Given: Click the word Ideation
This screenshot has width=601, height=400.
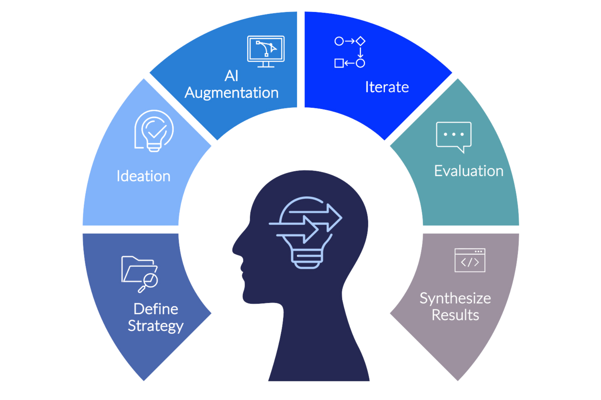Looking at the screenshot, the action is [144, 176].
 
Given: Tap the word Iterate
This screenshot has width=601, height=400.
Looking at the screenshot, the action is [387, 87].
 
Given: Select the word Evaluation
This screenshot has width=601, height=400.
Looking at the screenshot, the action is [468, 171].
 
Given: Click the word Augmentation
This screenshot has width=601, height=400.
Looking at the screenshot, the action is [232, 93].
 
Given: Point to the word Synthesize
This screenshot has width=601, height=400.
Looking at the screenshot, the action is [455, 298].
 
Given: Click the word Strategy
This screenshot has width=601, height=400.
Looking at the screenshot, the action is [156, 326].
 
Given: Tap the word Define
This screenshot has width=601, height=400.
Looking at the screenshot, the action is [156, 309].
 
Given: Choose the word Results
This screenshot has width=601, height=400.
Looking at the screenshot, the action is [455, 315].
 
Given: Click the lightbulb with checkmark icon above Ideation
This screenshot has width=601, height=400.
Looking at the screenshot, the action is [154, 131].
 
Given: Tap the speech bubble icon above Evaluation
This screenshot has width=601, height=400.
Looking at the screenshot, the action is [454, 136].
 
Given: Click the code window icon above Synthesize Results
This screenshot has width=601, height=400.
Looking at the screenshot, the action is [470, 260].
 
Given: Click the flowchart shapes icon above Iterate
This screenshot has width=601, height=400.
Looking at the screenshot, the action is [350, 52].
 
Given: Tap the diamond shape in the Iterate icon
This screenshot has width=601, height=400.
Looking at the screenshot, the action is [360, 41].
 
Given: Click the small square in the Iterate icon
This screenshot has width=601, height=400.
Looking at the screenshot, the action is [339, 63].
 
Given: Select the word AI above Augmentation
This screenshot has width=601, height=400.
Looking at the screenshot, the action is [231, 76].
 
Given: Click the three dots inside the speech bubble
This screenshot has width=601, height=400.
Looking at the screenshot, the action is [454, 134].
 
